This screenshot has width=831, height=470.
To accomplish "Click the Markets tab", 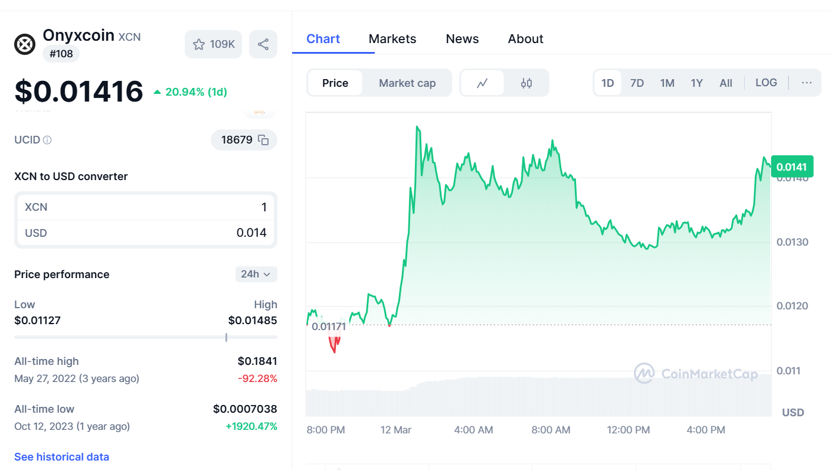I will (392, 39).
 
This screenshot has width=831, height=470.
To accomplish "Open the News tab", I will (462, 39).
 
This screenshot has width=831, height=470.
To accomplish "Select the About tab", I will (525, 39).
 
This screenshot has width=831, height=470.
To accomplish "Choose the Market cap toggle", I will (407, 83).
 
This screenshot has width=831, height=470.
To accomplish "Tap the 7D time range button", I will (637, 83).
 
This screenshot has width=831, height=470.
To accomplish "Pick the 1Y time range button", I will (696, 83).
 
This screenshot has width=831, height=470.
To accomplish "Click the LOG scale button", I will (766, 83).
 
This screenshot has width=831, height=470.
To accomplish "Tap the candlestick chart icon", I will (526, 83).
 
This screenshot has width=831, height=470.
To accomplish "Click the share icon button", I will (263, 44).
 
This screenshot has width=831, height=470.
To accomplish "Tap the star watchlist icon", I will (199, 44).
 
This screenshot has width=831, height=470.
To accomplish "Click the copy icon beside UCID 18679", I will (264, 140).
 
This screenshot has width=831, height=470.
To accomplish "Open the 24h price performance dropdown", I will (256, 274).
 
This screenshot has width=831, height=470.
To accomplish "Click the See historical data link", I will (61, 457).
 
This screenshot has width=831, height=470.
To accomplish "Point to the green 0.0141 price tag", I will (792, 167).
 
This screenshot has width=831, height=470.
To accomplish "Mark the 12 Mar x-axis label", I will (396, 430).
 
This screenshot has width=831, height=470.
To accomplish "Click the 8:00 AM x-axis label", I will (551, 430).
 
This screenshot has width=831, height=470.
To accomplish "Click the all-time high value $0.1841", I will (257, 361).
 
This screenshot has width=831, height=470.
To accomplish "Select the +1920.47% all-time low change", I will (251, 426).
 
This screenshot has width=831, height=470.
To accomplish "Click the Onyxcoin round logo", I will (25, 44).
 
